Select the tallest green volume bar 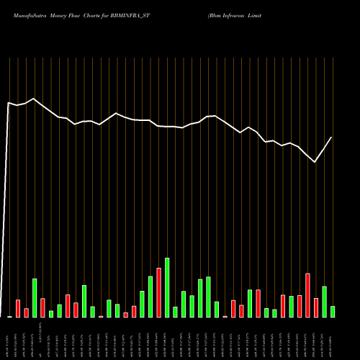coord(167,287)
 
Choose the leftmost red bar coord(18,308)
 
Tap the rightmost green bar coord(333,312)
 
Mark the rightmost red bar coord(316,307)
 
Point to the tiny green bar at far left coord(9,316)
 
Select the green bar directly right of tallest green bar coord(175,312)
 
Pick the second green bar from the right coord(324,302)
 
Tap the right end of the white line coord(332,137)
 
